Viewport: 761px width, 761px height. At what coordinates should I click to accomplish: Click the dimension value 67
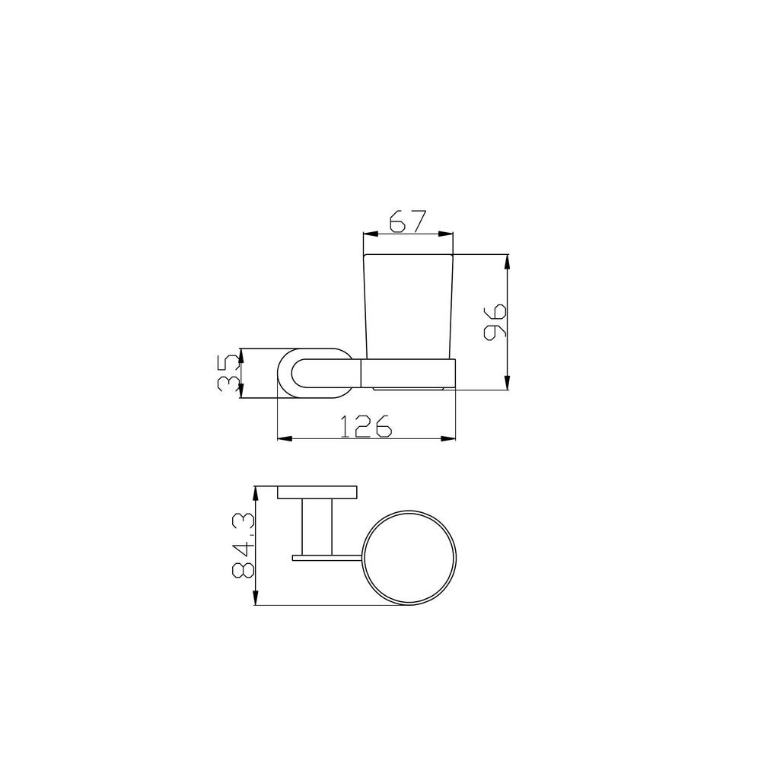click(x=408, y=221)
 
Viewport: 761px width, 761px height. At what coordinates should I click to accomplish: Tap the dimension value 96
click(x=495, y=322)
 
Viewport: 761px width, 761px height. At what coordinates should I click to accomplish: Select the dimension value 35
click(x=228, y=373)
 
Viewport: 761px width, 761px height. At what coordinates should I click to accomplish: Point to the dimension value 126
click(x=366, y=426)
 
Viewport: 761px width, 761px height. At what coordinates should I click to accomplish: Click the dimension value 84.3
click(x=244, y=545)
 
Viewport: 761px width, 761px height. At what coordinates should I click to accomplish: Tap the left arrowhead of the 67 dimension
click(x=371, y=234)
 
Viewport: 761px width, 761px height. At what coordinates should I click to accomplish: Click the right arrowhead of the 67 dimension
click(x=445, y=234)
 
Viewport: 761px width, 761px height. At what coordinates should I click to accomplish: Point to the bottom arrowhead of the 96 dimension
click(x=507, y=382)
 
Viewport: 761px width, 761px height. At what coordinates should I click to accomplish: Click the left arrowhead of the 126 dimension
click(x=285, y=439)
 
